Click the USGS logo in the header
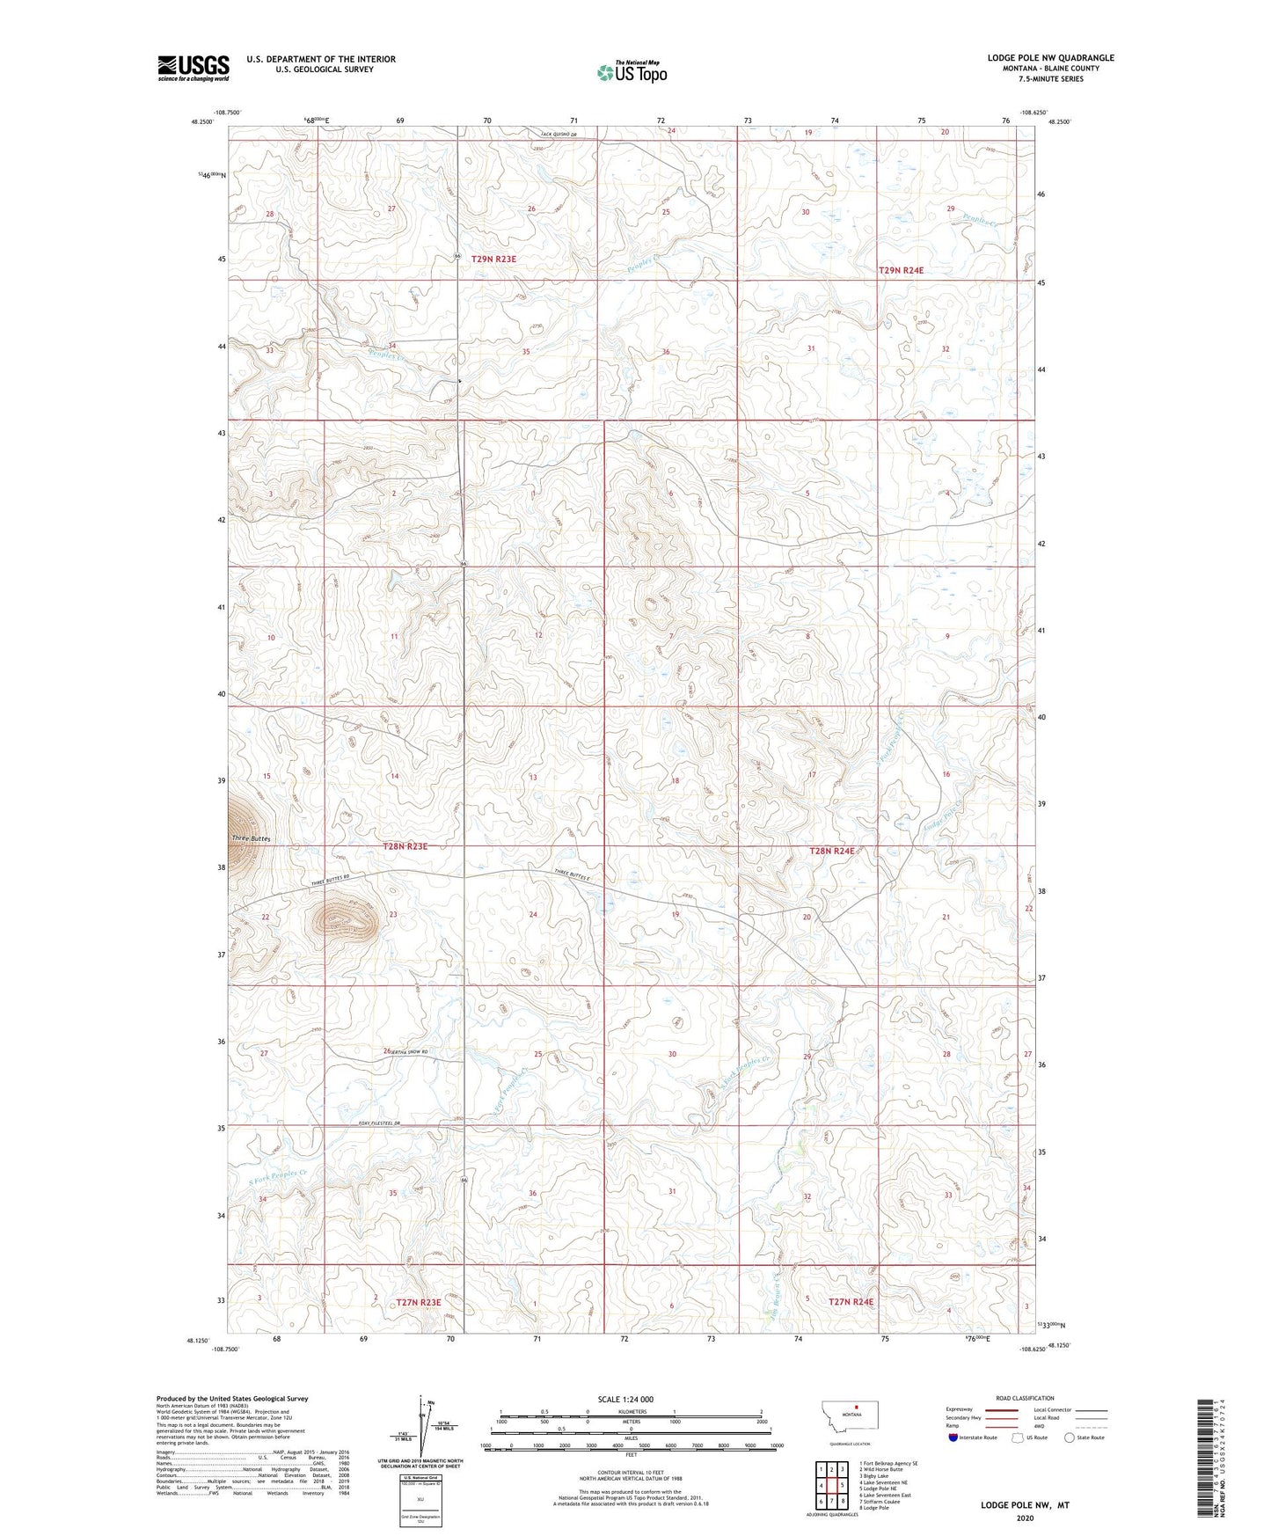[193, 68]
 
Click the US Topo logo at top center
[632, 72]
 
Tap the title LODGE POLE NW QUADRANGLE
[1050, 58]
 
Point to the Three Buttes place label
[251, 839]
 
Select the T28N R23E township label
[405, 846]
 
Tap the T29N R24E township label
[901, 271]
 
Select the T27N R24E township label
[851, 1301]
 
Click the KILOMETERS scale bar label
[632, 1411]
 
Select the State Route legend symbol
[1070, 1437]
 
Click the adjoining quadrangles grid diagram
[831, 1486]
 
